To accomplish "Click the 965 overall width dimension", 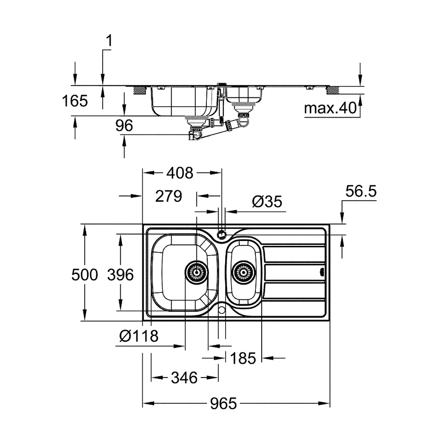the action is click(x=223, y=403).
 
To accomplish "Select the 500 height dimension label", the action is click(x=85, y=275).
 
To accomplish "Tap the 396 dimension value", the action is click(x=120, y=275).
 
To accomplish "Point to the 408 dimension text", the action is click(x=180, y=173).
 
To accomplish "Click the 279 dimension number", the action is click(x=169, y=196).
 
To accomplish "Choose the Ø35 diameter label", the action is click(x=267, y=202).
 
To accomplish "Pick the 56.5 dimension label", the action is click(x=361, y=191).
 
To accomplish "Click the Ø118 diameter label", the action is click(x=139, y=336).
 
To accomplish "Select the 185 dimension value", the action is click(x=243, y=358).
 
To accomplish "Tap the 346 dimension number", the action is click(x=184, y=378).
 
